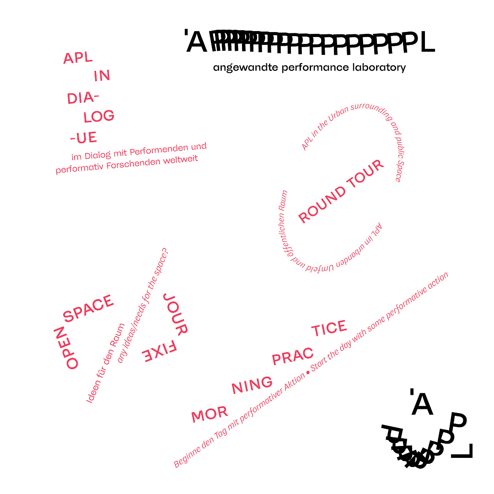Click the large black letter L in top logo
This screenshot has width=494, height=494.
427,43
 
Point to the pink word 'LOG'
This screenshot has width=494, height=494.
99,117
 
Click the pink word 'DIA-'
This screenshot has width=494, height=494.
83,98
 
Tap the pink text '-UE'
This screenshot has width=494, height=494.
83,138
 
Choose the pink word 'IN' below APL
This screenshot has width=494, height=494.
102,76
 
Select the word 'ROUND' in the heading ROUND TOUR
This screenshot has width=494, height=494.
322,204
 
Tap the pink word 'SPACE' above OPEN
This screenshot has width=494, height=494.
88,308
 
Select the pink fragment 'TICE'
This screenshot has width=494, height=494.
329,328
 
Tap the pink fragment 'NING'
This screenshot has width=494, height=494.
252,385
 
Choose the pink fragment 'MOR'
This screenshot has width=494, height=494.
209,415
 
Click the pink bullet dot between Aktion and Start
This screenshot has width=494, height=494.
308,372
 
